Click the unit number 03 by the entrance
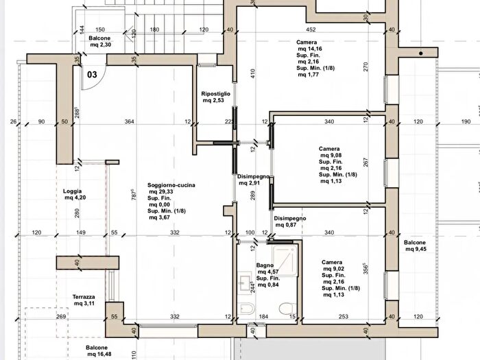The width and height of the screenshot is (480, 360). click(92, 74)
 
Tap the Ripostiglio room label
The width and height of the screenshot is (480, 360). click(215, 94)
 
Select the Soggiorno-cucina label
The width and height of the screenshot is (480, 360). click(171, 185)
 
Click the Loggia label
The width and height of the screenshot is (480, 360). click(72, 191)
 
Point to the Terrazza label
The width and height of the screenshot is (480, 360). click(84, 297)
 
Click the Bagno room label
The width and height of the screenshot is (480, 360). click(265, 265)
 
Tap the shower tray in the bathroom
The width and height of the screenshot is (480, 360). click(285, 261)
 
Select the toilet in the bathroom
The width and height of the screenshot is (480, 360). click(287, 309)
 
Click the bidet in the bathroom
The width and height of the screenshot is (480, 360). click(246, 309)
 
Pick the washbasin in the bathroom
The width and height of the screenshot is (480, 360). click(245, 283)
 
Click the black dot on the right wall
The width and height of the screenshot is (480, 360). click(421, 53)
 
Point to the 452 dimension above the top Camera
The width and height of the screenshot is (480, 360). click(311, 29)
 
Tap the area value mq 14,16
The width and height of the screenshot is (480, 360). click(310, 49)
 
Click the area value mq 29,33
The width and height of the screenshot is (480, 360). click(161, 191)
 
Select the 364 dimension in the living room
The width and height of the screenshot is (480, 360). click(129, 121)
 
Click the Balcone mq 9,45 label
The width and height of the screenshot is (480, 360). click(415, 245)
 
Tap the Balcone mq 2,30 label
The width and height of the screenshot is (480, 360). click(100, 41)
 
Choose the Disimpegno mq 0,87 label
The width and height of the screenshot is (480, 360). click(290, 221)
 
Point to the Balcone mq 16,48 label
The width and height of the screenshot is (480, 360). click(97, 351)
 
